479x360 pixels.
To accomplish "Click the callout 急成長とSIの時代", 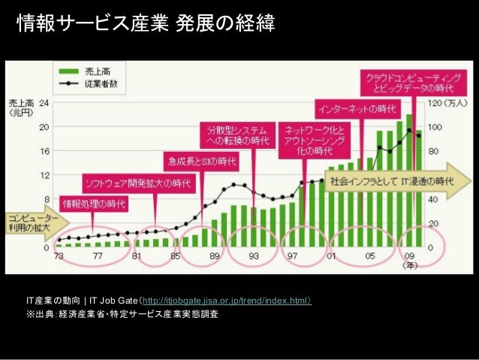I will tap(201, 159).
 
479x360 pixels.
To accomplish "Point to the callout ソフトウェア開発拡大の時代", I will tap(137, 183).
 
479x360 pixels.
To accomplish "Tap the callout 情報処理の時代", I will tap(94, 203).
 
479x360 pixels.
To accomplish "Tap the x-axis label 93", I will tap(253, 256).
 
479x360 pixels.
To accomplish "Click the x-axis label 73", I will tap(59, 256).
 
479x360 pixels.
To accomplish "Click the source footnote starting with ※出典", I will tap(122, 313).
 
